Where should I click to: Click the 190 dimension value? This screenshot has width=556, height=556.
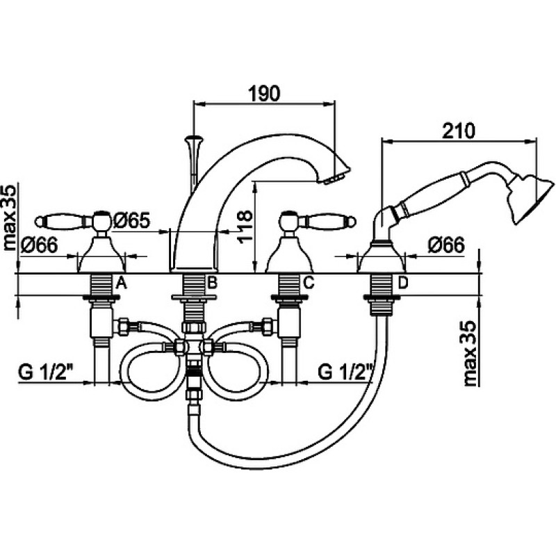pos(264,94)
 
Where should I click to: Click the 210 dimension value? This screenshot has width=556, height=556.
pos(459,131)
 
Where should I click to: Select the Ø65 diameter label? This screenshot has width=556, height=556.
pos(132,220)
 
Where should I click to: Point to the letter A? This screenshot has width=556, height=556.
pos(122,283)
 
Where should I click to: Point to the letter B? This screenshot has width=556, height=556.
pos(212,283)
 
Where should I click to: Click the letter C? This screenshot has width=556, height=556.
pos(309,283)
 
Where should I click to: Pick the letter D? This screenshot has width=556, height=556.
pos(403,283)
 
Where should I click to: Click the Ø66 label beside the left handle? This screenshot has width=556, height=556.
pos(39,245)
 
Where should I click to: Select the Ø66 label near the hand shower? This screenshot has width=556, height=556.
pos(446,245)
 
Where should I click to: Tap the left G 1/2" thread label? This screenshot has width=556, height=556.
pos(46,373)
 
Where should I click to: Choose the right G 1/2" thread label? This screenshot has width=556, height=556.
pos(345,373)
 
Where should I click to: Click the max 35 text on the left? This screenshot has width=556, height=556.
pos(10,218)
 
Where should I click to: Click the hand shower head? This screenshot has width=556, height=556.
pos(531,199)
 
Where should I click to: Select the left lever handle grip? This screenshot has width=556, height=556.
pos(60,221)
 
